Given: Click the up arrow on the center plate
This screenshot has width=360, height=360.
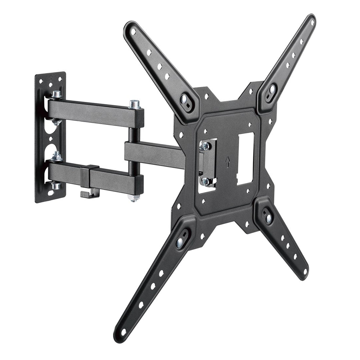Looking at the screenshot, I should click(227, 163).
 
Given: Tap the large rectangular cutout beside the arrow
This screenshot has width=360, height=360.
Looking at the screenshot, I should click(245, 158).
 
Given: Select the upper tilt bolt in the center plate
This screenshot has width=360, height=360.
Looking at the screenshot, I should click(205, 146).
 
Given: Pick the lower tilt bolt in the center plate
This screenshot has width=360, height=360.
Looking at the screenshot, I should click(206, 181).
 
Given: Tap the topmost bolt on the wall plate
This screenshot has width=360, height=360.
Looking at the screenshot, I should click(56, 95).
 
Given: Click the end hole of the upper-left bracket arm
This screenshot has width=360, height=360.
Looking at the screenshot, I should click(133, 32).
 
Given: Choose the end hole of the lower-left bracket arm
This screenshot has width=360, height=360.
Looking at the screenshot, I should click(123, 331).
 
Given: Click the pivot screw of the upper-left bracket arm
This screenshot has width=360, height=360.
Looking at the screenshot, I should click(187, 98).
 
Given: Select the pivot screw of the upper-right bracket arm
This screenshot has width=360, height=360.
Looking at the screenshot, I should click(271, 88).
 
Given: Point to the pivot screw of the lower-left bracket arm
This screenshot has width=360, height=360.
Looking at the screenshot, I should click(180, 242).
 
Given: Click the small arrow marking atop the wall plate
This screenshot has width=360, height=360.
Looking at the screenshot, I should click(51, 77).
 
